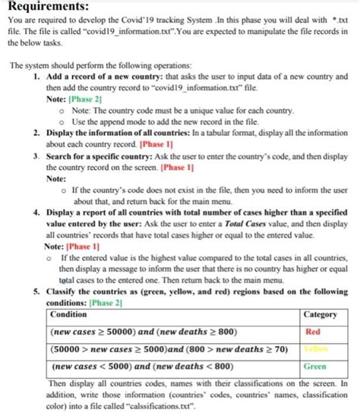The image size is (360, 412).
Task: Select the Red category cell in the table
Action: (x=312, y=332)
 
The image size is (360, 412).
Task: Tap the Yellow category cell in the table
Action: (x=312, y=348)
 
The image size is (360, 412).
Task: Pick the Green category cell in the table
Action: (x=314, y=365)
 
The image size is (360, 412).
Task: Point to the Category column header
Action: (x=320, y=314)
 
